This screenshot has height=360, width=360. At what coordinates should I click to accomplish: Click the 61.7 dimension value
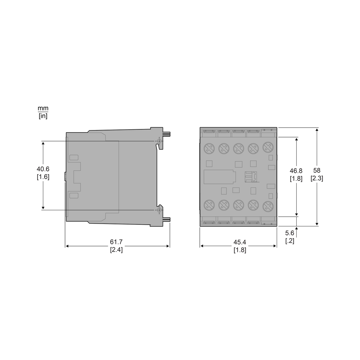[116, 242]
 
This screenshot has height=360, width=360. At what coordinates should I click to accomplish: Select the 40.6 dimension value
[43, 169]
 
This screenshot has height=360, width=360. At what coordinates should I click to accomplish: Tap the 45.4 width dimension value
[240, 242]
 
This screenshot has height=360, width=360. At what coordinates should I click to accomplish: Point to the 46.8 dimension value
[296, 171]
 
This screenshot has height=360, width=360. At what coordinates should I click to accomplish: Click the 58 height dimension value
[317, 170]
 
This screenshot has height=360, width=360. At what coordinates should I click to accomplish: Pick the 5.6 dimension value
[290, 233]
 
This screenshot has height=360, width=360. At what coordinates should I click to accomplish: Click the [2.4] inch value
[116, 250]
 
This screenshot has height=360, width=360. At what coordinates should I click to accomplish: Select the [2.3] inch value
[317, 178]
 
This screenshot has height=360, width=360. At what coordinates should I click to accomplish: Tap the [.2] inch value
[290, 241]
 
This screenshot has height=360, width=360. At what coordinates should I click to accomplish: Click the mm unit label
[43, 108]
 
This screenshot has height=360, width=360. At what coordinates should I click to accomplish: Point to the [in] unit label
[43, 116]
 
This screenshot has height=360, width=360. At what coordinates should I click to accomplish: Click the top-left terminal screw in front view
[209, 148]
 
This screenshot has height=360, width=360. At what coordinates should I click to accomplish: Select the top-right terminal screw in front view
[268, 147]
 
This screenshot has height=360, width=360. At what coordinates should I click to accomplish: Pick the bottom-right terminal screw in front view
[268, 205]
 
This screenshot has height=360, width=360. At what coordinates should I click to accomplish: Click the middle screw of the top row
[239, 148]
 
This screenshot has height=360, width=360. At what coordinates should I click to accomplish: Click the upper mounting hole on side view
[159, 141]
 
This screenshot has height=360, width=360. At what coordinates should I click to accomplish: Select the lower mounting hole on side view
[159, 210]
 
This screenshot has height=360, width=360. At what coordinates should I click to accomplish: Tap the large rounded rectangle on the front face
[220, 176]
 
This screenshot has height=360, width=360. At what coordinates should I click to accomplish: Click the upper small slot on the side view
[74, 157]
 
